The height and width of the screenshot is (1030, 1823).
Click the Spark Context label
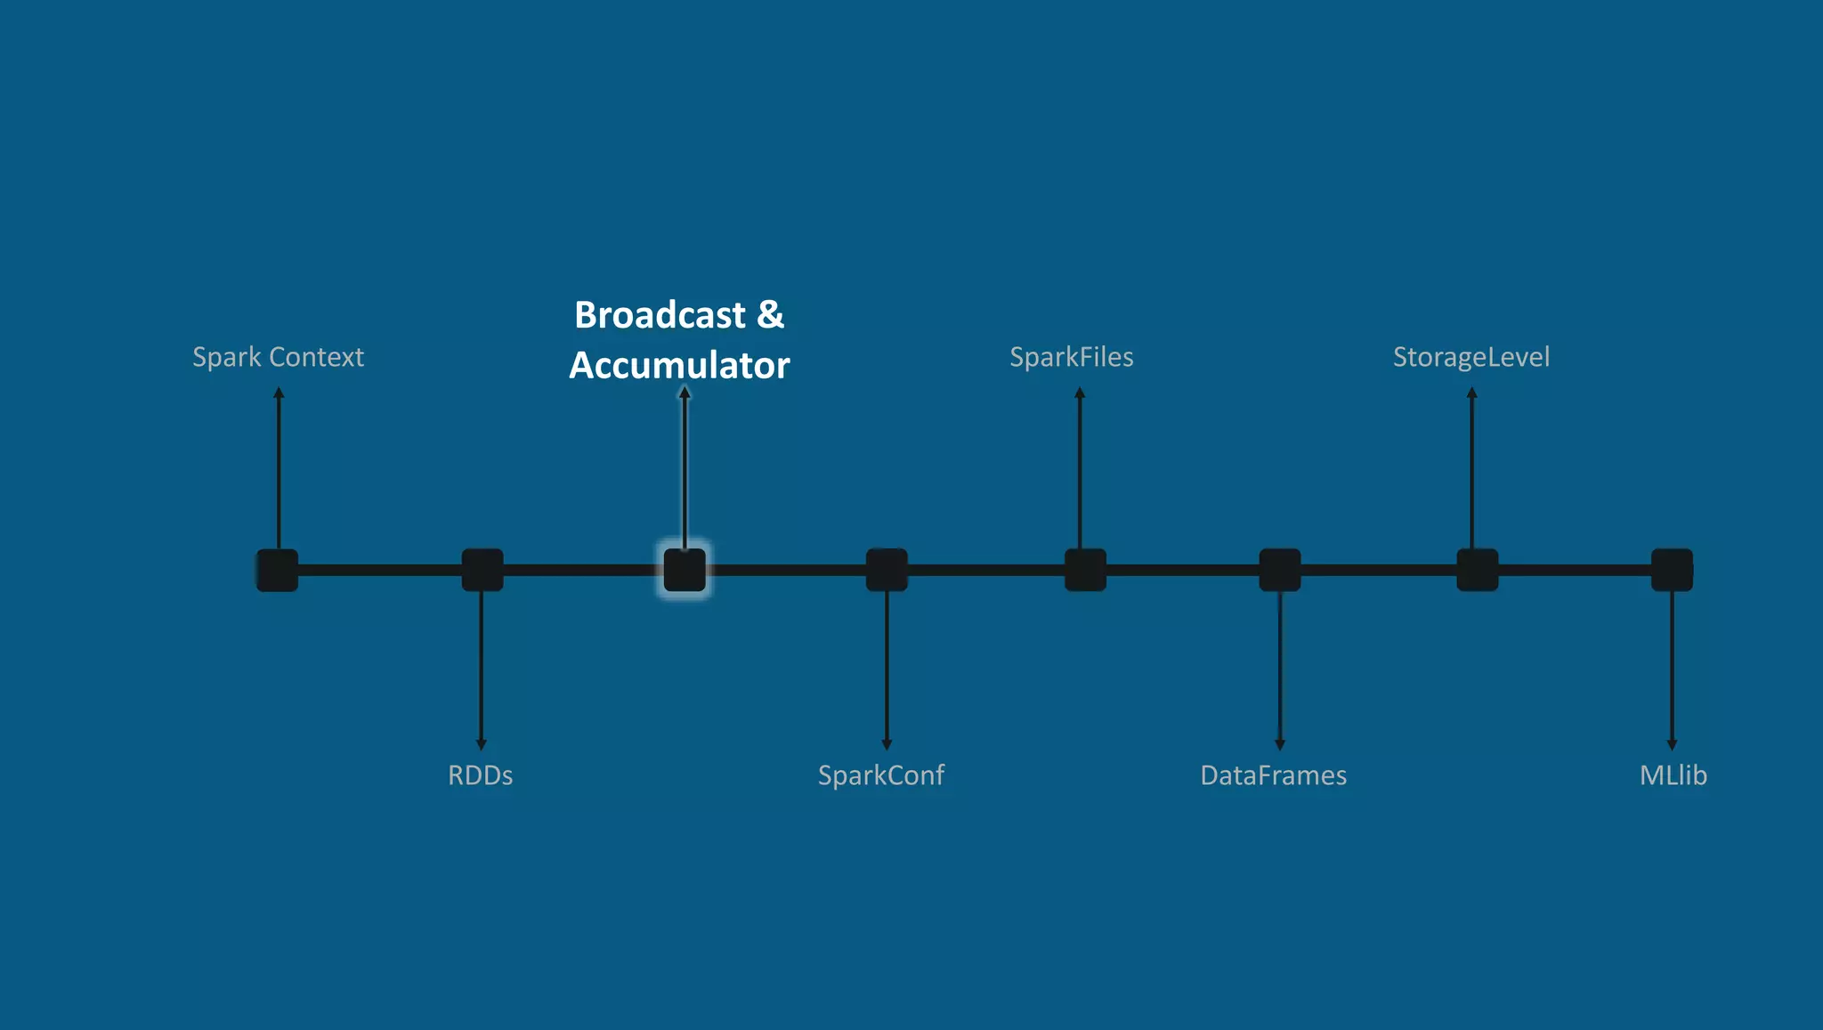coord(278,357)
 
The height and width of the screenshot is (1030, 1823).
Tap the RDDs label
coord(480,775)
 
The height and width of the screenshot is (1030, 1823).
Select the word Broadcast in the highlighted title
coord(660,315)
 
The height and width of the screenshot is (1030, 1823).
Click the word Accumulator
coord(679,366)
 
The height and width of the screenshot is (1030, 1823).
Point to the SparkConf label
coord(880,775)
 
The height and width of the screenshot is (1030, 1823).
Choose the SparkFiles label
coord(1071,357)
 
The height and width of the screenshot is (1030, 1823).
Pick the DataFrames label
coord(1273,775)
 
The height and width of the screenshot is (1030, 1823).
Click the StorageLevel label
coord(1471,357)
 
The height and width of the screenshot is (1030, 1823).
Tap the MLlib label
coord(1673,775)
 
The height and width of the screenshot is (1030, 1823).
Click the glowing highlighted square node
coord(685,570)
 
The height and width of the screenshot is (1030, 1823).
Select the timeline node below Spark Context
coord(278,570)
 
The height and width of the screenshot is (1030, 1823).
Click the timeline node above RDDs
coord(482,570)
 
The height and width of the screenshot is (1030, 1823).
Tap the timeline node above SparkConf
coord(887,570)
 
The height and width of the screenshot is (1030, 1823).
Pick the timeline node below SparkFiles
coord(1085,570)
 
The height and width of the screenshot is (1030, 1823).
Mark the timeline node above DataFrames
coord(1280,570)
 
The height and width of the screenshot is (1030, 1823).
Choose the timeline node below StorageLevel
coord(1478,570)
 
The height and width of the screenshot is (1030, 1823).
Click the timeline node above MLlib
coord(1672,570)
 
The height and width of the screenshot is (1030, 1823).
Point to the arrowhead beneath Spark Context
coord(279,393)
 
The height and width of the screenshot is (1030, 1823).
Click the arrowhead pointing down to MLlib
coord(1672,744)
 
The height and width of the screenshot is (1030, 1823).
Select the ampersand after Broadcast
coord(770,315)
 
